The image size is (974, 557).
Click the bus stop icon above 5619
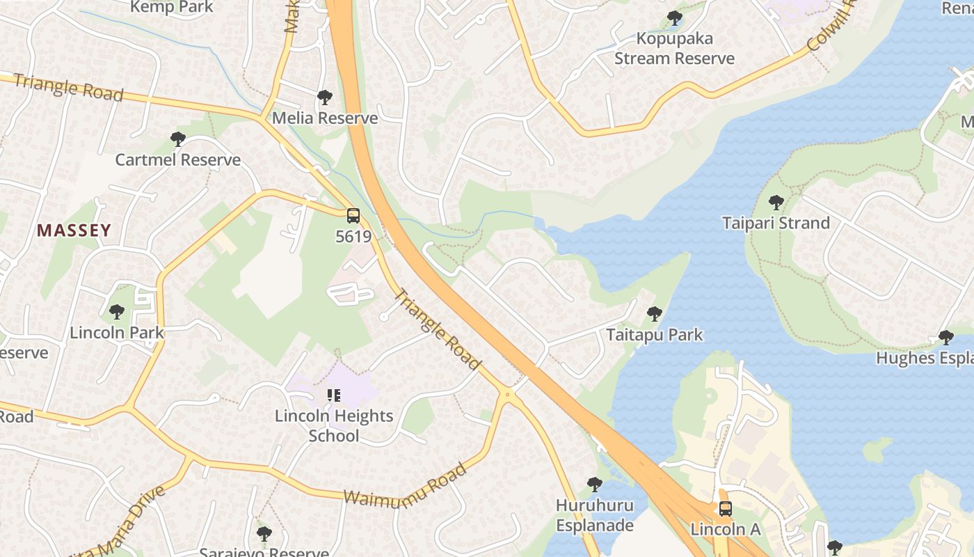coord(353,216)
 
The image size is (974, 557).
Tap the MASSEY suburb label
coord(74,230)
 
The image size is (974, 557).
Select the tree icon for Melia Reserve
coord(324,97)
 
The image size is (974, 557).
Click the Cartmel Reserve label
coord(177,160)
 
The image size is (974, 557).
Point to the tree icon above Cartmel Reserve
coord(178,139)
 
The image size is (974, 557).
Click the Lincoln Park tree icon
coord(117,312)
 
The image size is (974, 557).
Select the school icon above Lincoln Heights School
coord(334,395)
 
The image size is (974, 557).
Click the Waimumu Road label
coord(406,485)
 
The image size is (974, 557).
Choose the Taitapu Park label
coord(655,335)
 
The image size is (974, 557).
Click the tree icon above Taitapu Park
coord(654,314)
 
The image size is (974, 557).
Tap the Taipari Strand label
coord(776,223)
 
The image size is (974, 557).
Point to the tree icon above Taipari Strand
coord(776,203)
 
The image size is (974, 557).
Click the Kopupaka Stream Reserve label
coord(674,49)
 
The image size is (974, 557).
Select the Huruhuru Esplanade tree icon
coord(594,484)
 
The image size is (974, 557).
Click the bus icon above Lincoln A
coord(725,509)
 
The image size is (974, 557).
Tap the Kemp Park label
coord(172,7)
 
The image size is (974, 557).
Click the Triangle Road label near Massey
coord(68,87)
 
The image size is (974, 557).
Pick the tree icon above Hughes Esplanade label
coord(945,338)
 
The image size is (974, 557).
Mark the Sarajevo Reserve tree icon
coord(264,534)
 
